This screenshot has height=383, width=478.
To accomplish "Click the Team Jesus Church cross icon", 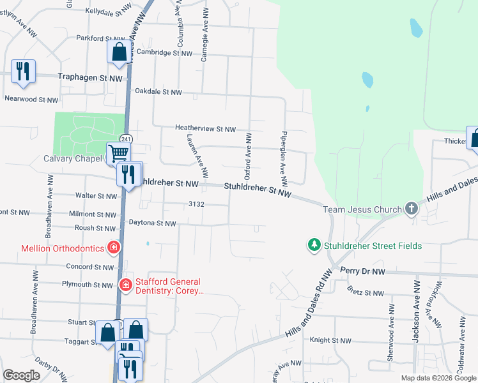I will tap(412, 209).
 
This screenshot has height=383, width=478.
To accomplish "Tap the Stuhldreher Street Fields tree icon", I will tap(314, 245).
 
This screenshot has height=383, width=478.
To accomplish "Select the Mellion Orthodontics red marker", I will tap(114, 246).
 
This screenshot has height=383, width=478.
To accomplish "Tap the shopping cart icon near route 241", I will tap(118, 153).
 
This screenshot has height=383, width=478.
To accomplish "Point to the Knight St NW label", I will tap(330, 341).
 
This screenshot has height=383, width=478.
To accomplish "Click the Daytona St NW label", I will tap(152, 223).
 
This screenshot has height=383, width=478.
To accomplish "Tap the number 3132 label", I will tap(196, 204).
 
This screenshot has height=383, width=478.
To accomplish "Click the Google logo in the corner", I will tap(21, 375).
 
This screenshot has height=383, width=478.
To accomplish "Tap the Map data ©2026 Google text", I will tap(438, 378).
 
